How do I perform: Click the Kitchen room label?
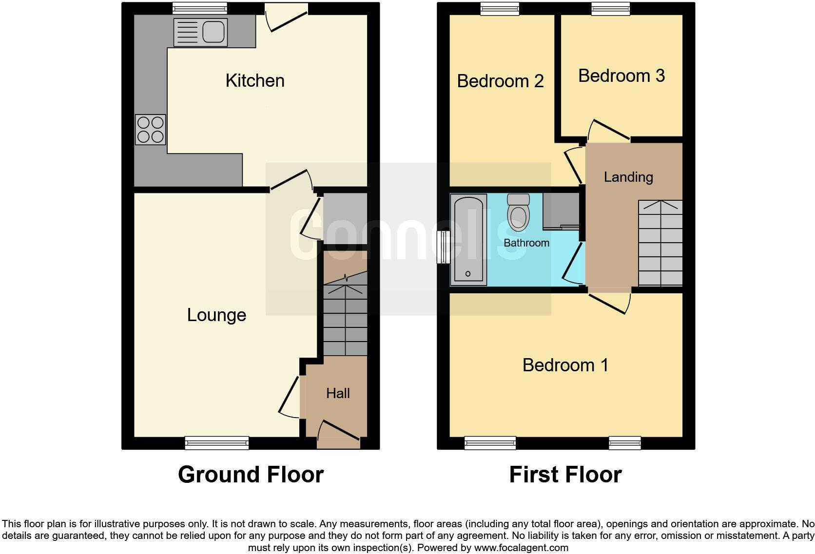[254, 81]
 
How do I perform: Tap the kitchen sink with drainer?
[200, 33]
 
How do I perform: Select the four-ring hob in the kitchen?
[150, 130]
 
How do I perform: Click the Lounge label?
[216, 315]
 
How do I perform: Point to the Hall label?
[338, 393]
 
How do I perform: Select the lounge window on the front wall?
[217, 443]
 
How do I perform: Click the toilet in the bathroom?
[518, 213]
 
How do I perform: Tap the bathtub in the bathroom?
[468, 239]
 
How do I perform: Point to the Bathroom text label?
[526, 243]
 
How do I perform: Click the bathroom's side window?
[443, 247]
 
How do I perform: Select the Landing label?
[628, 177]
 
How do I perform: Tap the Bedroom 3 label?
[621, 76]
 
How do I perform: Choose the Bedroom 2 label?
[500, 81]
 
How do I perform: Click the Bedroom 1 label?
[565, 365]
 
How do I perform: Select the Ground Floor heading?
[251, 475]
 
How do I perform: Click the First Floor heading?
[565, 475]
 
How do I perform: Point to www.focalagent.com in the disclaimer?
[521, 548]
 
